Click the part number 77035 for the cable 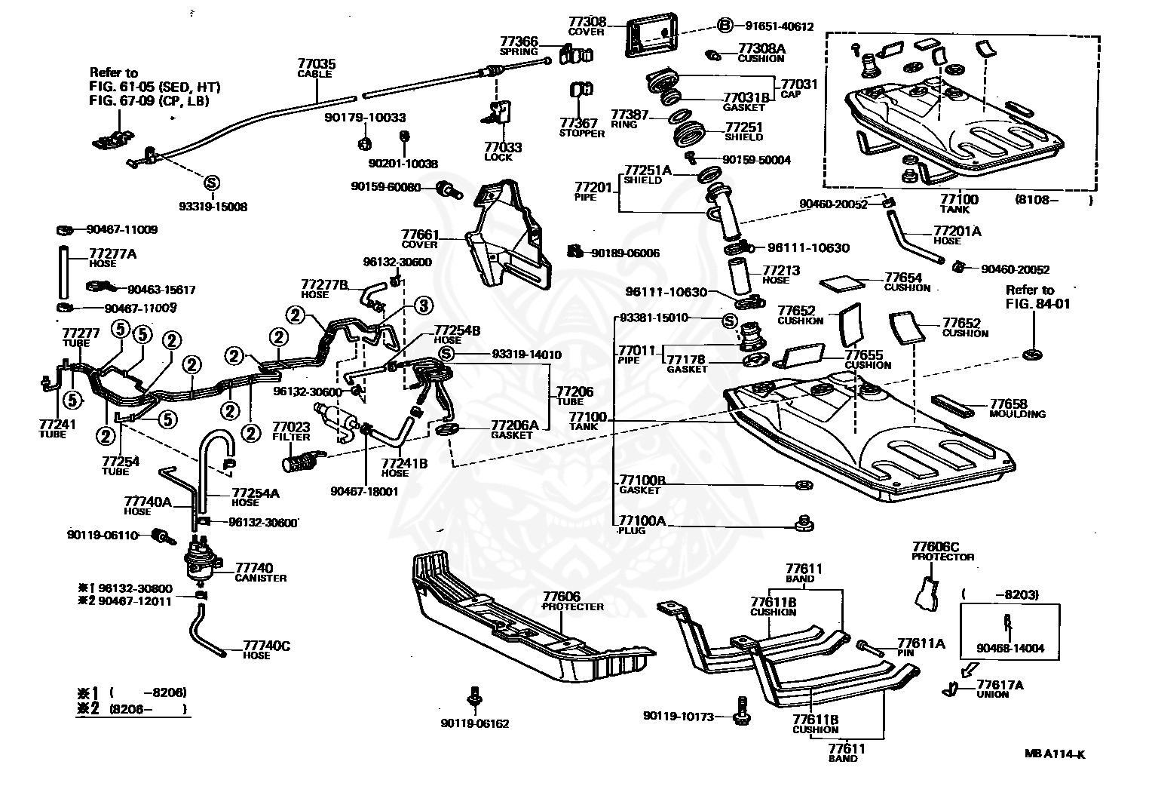coord(317,64)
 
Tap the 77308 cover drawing coord(651,35)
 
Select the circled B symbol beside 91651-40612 coord(725,25)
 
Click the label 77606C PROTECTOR coord(942,551)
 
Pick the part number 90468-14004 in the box coord(1010,649)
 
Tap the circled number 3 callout coord(424,305)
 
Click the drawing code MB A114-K coord(1055,754)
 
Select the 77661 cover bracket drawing coord(509,234)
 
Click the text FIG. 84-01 coord(1037,304)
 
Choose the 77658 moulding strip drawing coord(952,405)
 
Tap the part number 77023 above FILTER coord(291,427)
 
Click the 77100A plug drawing coord(803,523)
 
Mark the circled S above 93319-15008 coord(211,183)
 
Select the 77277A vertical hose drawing coord(63,273)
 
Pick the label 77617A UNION coord(1000,689)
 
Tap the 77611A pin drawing coord(870,649)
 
